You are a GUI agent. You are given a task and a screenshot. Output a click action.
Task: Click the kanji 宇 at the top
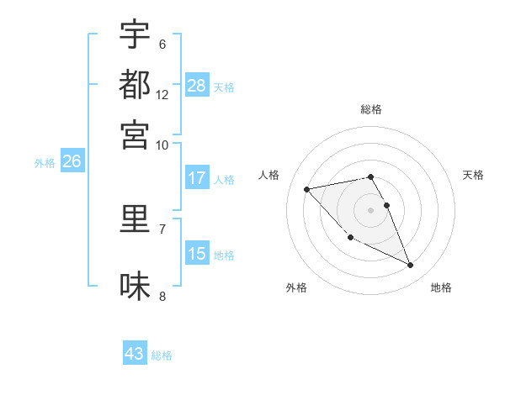(x=135, y=36)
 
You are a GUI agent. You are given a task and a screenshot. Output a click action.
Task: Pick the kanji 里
(x=135, y=219)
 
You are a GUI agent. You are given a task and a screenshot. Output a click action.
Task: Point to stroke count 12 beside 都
(x=162, y=95)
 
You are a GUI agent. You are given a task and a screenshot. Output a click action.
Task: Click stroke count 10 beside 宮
(x=162, y=145)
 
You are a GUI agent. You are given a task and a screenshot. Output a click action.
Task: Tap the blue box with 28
(x=197, y=85)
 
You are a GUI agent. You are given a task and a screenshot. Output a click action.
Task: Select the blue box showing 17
(x=197, y=178)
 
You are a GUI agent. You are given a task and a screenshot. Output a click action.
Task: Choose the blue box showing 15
(x=197, y=254)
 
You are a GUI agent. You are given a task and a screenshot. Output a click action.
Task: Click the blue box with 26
(x=72, y=162)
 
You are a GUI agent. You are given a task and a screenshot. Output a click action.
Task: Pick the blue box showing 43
(x=135, y=354)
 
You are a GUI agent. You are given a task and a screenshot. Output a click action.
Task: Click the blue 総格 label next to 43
(x=162, y=355)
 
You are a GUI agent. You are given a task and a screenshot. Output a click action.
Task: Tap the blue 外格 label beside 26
(x=45, y=163)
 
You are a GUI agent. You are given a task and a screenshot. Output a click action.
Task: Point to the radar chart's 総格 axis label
(x=371, y=109)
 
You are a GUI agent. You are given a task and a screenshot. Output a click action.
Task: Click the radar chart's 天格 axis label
(x=474, y=175)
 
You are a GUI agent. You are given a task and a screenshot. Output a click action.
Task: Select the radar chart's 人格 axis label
(x=269, y=175)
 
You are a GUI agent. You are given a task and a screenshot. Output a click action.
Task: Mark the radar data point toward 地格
(x=411, y=266)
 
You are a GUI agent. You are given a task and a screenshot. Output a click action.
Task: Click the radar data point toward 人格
(x=306, y=188)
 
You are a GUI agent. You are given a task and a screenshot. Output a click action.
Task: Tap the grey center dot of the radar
(x=371, y=209)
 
